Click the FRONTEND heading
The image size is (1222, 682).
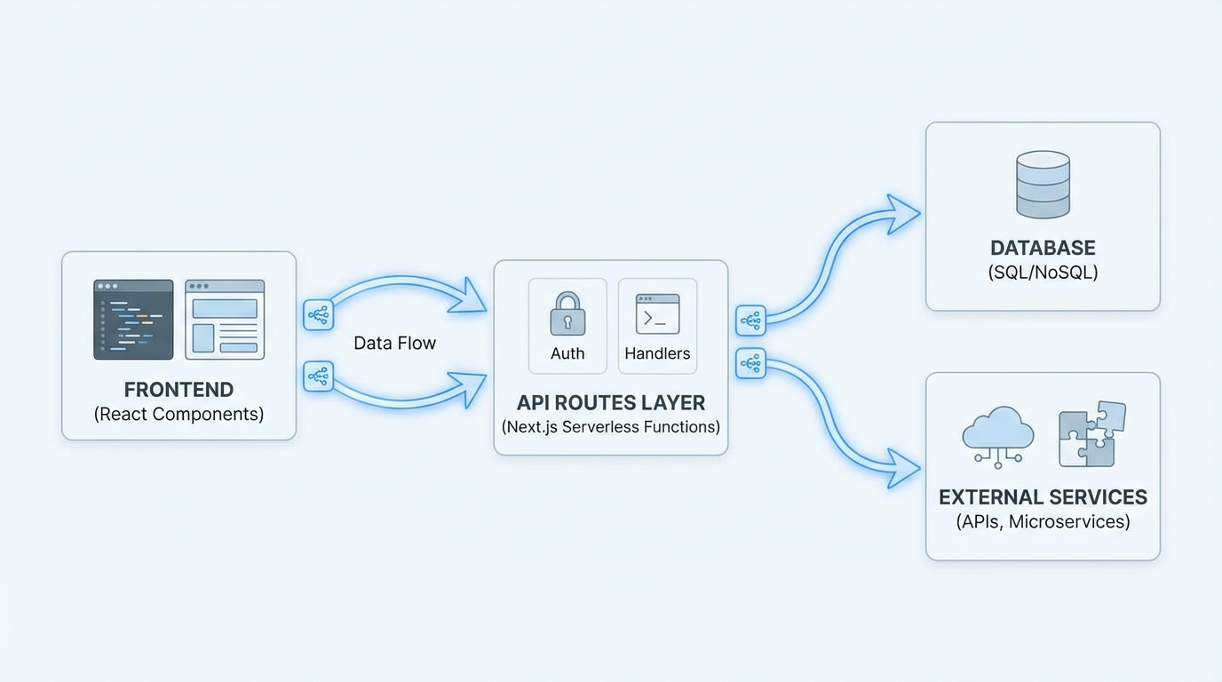click(179, 390)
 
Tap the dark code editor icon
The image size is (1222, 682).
click(133, 320)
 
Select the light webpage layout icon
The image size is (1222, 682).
click(225, 320)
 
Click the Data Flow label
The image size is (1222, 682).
click(394, 343)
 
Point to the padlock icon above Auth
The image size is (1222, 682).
click(567, 313)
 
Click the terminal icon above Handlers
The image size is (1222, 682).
click(657, 314)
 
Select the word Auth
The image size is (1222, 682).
click(567, 353)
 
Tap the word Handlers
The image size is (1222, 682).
click(657, 353)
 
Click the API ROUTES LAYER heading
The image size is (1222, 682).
click(611, 402)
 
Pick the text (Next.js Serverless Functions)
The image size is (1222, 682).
click(611, 427)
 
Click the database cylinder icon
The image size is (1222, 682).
click(1043, 184)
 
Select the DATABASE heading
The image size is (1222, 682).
click(1043, 248)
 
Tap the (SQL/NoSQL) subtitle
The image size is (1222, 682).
click(1043, 273)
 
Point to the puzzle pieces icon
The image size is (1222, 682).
click(1091, 434)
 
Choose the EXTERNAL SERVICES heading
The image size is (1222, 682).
click(1043, 497)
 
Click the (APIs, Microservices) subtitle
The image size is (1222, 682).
click(1043, 522)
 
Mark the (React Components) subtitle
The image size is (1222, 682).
click(179, 415)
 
